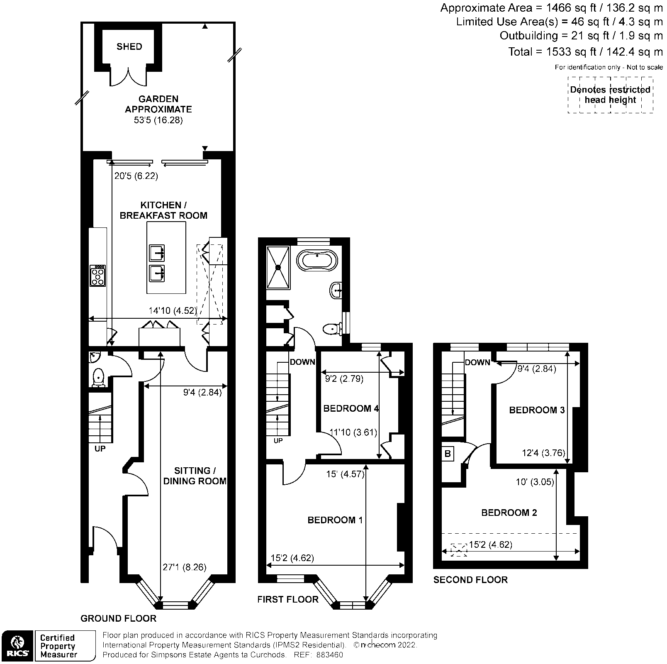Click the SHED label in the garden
point(129,46)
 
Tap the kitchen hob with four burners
point(98,276)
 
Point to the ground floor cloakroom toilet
point(99,377)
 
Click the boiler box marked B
point(448,454)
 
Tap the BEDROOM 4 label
point(351,409)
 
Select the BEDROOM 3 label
point(537,410)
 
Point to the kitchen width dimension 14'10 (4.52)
point(173,310)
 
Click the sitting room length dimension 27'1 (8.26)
point(184,567)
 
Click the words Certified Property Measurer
point(58,646)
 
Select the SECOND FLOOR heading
point(470,580)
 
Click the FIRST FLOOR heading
point(287,599)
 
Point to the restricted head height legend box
point(610,95)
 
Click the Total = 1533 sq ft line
point(585,52)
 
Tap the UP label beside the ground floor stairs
point(100,449)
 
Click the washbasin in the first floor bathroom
point(336,290)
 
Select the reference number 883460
point(329,655)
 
